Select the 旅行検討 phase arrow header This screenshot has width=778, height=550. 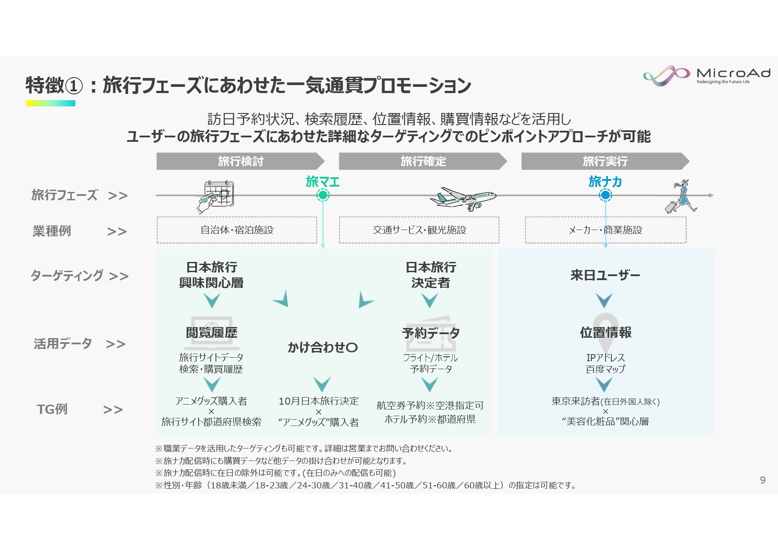click(x=240, y=161)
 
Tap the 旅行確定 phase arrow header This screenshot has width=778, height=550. click(x=423, y=161)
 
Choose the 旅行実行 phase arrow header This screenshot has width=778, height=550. click(x=605, y=161)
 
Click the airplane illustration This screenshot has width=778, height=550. click(x=464, y=199)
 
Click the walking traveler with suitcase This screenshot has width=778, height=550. click(x=681, y=196)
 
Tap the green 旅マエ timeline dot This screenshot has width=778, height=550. click(x=323, y=195)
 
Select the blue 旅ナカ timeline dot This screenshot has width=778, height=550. click(x=605, y=195)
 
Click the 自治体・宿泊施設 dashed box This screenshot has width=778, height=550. click(x=237, y=230)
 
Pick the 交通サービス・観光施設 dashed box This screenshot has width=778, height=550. click(x=419, y=230)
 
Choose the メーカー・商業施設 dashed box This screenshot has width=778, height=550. click(x=606, y=230)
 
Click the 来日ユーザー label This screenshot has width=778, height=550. click(x=605, y=275)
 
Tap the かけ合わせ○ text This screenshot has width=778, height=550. click(x=322, y=347)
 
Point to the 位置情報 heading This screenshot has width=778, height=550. click(x=606, y=332)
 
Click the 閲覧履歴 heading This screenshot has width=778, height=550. click(x=211, y=332)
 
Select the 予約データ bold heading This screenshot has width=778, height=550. click(x=430, y=333)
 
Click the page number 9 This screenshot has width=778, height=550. click(x=762, y=480)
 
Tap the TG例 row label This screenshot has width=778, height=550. click(x=52, y=409)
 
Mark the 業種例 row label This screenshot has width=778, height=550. click(x=51, y=231)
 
